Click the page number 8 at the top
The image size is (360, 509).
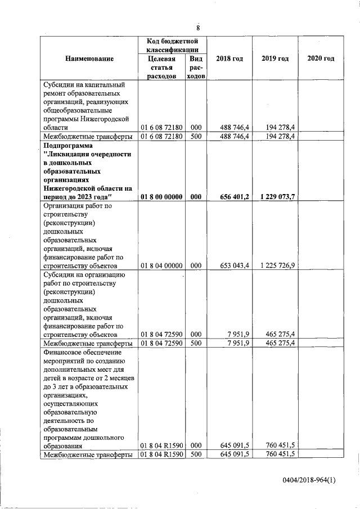197,28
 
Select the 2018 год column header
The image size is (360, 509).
229,59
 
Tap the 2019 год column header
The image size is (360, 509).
275,59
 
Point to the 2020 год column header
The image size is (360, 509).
321,59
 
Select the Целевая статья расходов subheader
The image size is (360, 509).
161,67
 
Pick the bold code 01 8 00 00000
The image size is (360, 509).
161,197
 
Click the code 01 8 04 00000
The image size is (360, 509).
161,265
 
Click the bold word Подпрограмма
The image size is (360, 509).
66,145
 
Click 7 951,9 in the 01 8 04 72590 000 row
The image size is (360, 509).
238,334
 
